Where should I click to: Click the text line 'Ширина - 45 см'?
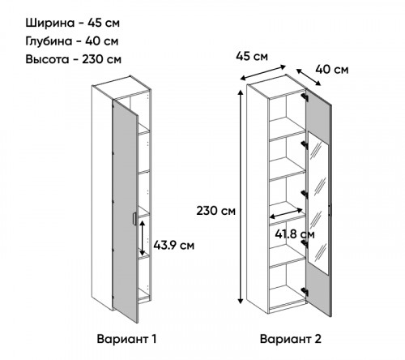tap(72, 23)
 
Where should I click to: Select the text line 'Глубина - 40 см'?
tap(72, 41)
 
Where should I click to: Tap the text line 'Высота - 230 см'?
tap(73, 59)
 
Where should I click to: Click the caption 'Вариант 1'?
tap(126, 339)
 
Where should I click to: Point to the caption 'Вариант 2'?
tap(291, 339)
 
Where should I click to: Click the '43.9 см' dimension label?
tap(174, 246)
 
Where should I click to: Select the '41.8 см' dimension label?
tap(295, 234)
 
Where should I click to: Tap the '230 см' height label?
tap(215, 211)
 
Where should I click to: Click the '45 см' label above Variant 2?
tap(252, 57)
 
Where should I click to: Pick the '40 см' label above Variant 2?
tap(332, 70)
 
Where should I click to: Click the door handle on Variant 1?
tap(134, 218)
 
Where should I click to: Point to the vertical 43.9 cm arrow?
tap(143, 238)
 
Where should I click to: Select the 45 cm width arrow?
tap(263, 73)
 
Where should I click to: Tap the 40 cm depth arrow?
tap(309, 77)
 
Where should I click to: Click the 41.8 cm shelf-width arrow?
tap(286, 213)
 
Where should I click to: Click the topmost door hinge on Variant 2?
tap(305, 97)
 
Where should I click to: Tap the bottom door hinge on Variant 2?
tap(305, 291)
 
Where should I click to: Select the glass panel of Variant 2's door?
tap(318, 204)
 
